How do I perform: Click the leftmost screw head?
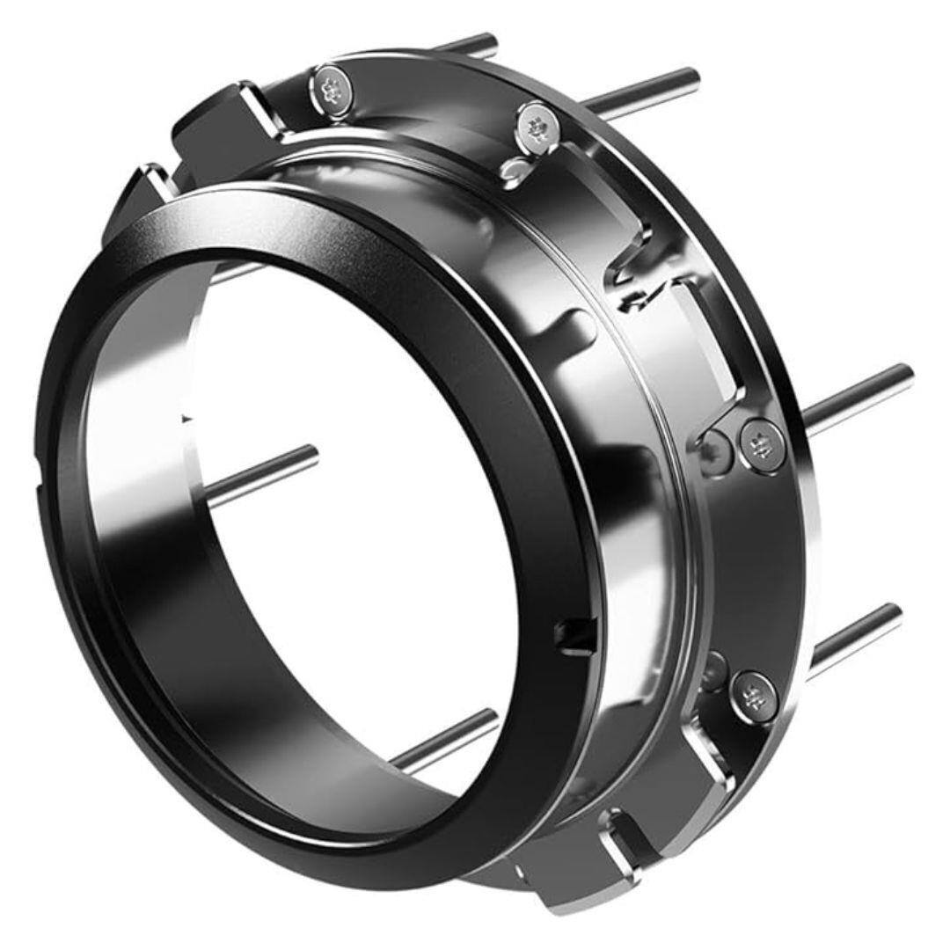tap(331, 89)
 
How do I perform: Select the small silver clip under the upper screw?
tap(516, 168)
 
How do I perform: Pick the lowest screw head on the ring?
tap(753, 696)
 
